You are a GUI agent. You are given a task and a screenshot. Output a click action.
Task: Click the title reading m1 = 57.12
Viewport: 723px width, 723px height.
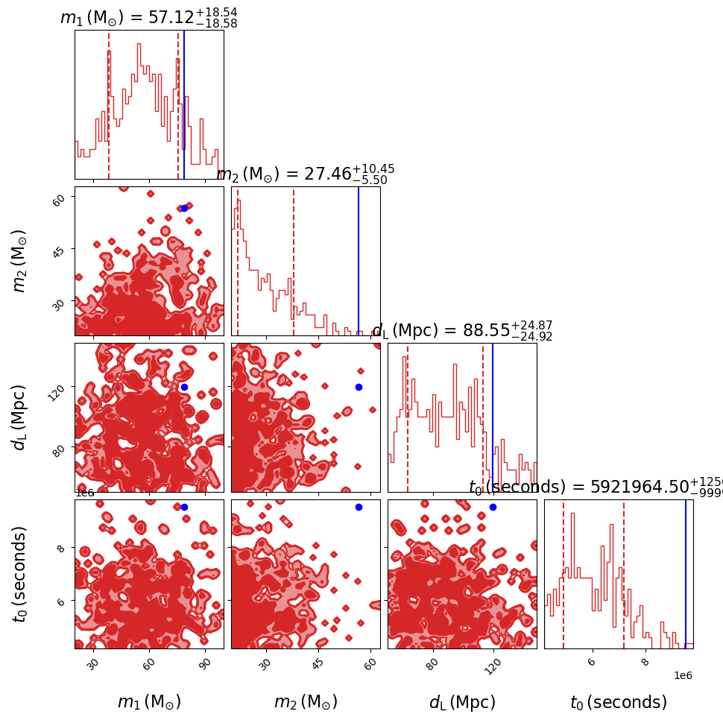pyautogui.click(x=149, y=18)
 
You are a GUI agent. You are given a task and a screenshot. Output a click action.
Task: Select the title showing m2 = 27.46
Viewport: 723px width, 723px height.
pyautogui.click(x=306, y=174)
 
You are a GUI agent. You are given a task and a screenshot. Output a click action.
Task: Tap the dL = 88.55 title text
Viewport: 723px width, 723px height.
pyautogui.click(x=462, y=331)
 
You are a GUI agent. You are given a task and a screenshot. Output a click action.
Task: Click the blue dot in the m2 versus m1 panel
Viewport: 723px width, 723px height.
pyautogui.click(x=184, y=208)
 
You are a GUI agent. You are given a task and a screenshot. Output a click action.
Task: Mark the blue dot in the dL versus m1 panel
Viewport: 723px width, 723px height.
pyautogui.click(x=184, y=387)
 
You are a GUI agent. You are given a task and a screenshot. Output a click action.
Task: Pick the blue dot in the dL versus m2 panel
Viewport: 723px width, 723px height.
pyautogui.click(x=359, y=387)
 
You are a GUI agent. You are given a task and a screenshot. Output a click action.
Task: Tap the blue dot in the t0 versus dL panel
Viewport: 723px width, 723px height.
pyautogui.click(x=493, y=507)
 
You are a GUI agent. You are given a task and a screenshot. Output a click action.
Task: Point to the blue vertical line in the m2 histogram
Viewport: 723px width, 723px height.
pyautogui.click(x=359, y=261)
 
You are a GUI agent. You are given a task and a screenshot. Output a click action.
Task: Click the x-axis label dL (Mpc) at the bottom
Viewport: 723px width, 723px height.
pyautogui.click(x=462, y=702)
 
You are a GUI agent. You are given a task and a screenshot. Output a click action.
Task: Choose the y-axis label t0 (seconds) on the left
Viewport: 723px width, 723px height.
pyautogui.click(x=20, y=574)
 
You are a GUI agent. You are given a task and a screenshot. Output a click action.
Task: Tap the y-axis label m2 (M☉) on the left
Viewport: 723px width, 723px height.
pyautogui.click(x=20, y=261)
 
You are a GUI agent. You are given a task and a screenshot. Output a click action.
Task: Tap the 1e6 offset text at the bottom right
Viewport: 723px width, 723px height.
pyautogui.click(x=683, y=675)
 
